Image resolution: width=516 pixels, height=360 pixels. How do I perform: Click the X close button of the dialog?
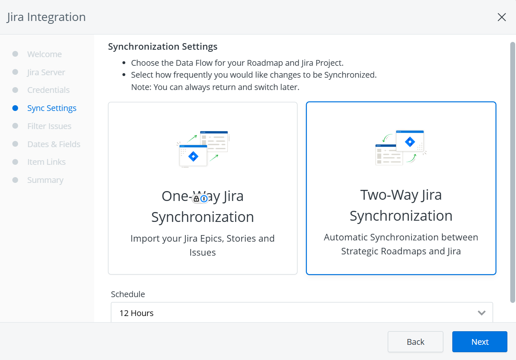(502, 17)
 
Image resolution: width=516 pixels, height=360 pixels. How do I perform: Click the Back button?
(415, 342)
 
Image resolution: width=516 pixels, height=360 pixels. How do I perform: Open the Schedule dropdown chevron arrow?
(482, 313)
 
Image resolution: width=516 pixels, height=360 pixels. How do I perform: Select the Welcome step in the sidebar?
(44, 54)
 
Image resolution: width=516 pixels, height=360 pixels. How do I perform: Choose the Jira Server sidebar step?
(46, 72)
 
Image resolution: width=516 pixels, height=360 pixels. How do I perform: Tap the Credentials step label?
(48, 90)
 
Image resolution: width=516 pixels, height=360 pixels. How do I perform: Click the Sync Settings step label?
(52, 108)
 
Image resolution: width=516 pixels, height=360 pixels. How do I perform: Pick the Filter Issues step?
(49, 126)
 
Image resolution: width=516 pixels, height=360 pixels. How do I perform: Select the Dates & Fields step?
(54, 144)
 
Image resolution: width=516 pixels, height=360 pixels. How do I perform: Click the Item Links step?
(46, 162)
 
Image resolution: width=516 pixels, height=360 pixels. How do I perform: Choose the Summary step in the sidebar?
(45, 180)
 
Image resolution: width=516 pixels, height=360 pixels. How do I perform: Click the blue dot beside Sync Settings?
(15, 108)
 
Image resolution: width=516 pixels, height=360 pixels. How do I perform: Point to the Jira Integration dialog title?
(46, 17)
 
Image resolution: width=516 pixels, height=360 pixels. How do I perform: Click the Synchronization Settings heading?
(163, 47)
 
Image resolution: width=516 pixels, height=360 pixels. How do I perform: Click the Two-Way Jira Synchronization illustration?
(401, 148)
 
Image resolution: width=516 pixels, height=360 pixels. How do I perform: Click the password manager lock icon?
(197, 198)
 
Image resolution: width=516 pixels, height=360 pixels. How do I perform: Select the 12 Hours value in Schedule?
(136, 313)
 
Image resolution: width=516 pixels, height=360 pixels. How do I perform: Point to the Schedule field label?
(128, 294)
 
